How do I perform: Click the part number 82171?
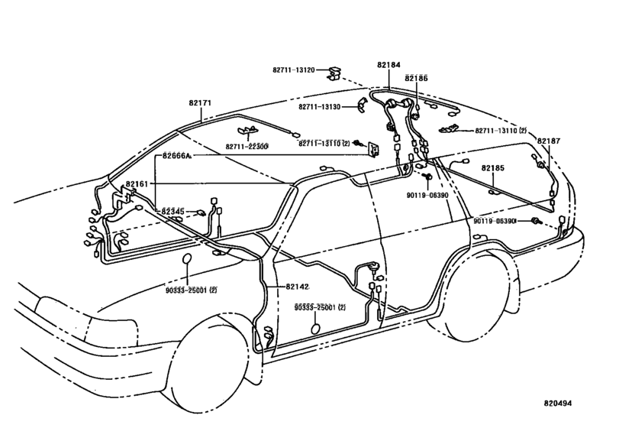[200, 102]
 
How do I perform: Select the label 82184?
[388, 65]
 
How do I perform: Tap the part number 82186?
[416, 78]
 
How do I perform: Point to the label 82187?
[548, 141]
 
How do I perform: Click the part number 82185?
[492, 168]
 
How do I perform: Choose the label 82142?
[297, 287]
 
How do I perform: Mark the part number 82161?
[137, 183]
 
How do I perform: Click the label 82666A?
[176, 156]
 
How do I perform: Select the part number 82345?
[173, 212]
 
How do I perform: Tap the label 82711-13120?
[293, 70]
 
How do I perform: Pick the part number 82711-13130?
[319, 107]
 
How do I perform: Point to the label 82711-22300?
[247, 146]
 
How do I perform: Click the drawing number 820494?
[557, 404]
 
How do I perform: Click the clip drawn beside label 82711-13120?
[334, 73]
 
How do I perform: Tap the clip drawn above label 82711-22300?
[247, 131]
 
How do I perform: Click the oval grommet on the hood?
[187, 259]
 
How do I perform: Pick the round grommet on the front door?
[316, 329]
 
